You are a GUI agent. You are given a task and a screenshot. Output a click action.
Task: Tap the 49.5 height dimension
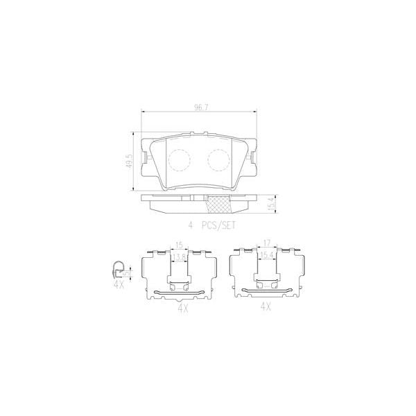pyautogui.click(x=128, y=161)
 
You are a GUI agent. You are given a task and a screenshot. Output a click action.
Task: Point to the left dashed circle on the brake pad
pyautogui.click(x=180, y=159)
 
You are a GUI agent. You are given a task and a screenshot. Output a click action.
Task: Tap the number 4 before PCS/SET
pyautogui.click(x=189, y=225)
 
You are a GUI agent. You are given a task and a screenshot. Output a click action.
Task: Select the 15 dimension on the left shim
pyautogui.click(x=178, y=245)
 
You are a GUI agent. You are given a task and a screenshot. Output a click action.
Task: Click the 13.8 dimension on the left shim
pyautogui.click(x=179, y=257)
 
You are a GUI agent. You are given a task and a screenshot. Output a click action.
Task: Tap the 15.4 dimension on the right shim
pyautogui.click(x=266, y=257)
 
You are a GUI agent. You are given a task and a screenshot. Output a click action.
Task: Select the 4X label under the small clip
pyautogui.click(x=119, y=284)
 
